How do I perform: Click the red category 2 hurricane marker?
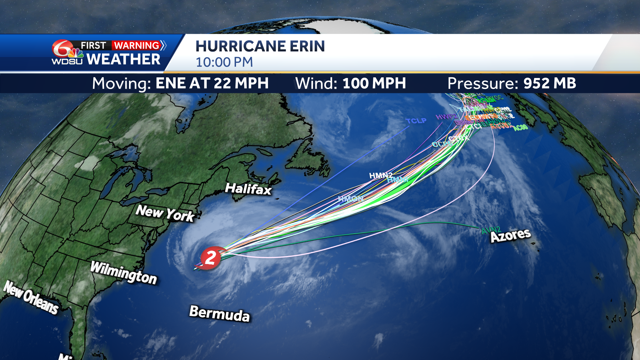point(210,258)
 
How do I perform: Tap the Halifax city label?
point(248,189)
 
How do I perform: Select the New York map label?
point(165,213)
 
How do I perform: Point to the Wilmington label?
point(124,272)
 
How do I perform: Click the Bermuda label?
point(219,313)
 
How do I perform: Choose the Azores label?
point(510,235)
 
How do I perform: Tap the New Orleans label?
point(31,298)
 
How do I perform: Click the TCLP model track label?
point(416,121)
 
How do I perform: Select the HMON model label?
point(350,199)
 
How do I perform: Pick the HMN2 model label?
point(380,175)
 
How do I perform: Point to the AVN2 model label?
point(491,230)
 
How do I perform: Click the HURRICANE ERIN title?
point(260,46)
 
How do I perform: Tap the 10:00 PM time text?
point(224,62)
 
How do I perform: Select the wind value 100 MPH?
point(374,83)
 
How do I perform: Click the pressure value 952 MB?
point(550,83)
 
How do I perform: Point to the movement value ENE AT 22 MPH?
point(212,83)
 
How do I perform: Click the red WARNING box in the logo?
point(136,45)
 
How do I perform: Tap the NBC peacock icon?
point(76,53)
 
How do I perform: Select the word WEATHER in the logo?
point(123,59)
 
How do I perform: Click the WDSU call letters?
point(67,61)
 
